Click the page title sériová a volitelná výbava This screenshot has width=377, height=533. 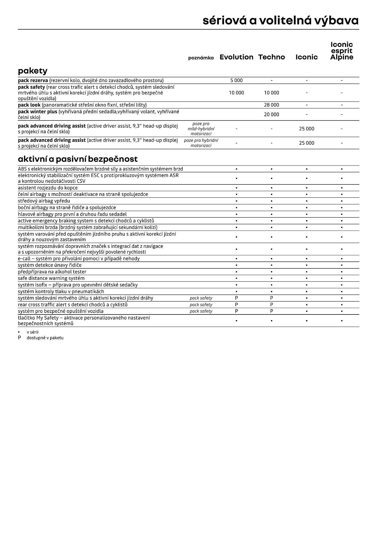(x=280, y=21)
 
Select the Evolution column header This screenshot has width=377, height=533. (x=236, y=57)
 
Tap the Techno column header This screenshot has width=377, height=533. (x=271, y=57)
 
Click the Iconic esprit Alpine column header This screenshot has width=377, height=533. (x=342, y=51)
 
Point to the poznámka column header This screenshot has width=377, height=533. (x=201, y=58)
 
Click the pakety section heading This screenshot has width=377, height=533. (x=33, y=71)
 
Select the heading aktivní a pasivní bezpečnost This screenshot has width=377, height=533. (x=78, y=159)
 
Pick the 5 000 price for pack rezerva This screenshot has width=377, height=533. (x=236, y=80)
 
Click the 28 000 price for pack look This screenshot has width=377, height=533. (x=271, y=105)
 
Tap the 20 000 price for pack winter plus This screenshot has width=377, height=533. (x=271, y=114)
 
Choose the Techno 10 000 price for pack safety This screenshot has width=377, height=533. (x=271, y=93)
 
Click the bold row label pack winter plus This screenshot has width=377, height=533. (x=38, y=112)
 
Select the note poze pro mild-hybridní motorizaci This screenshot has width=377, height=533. (x=201, y=129)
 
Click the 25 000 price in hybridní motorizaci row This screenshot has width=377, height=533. (x=306, y=143)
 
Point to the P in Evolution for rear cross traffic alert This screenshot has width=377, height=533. (x=236, y=305)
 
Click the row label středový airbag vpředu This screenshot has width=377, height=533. (x=44, y=201)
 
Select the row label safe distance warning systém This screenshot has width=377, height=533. (x=51, y=278)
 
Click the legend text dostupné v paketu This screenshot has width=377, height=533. (x=45, y=338)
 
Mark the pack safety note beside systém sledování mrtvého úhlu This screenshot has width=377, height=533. (x=201, y=298)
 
